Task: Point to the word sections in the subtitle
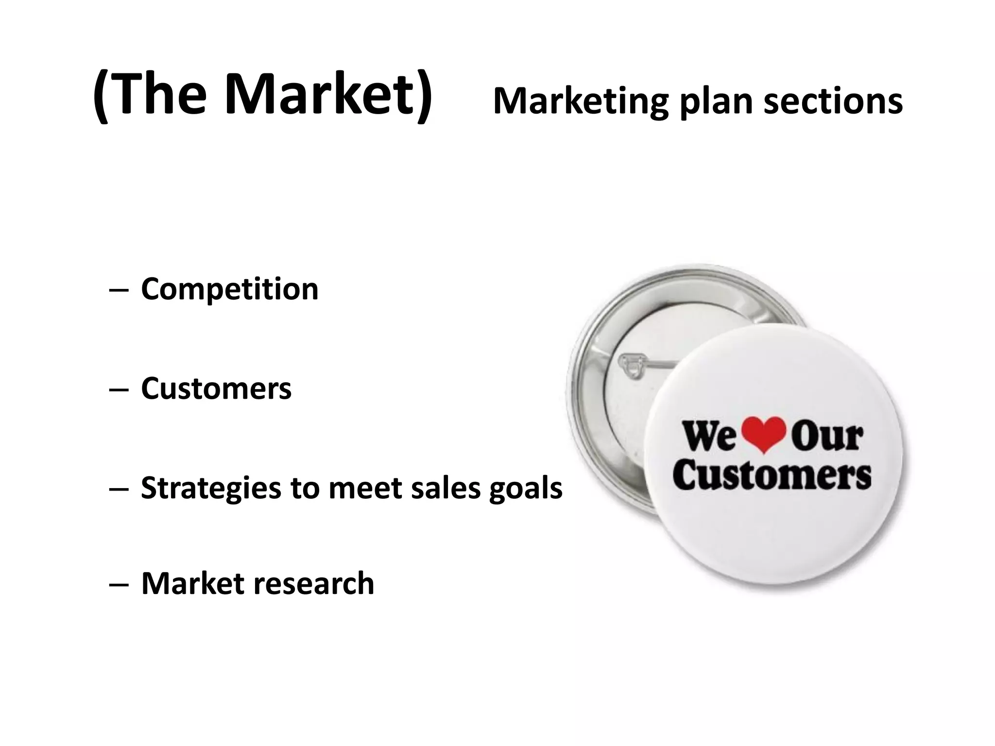click(x=833, y=102)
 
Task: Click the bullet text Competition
click(x=229, y=289)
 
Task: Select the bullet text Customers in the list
click(x=216, y=389)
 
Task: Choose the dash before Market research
click(x=119, y=584)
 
